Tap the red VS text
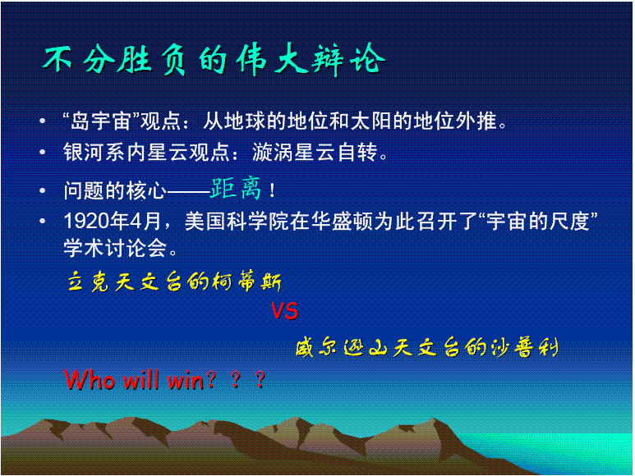(284, 312)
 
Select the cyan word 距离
(236, 189)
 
